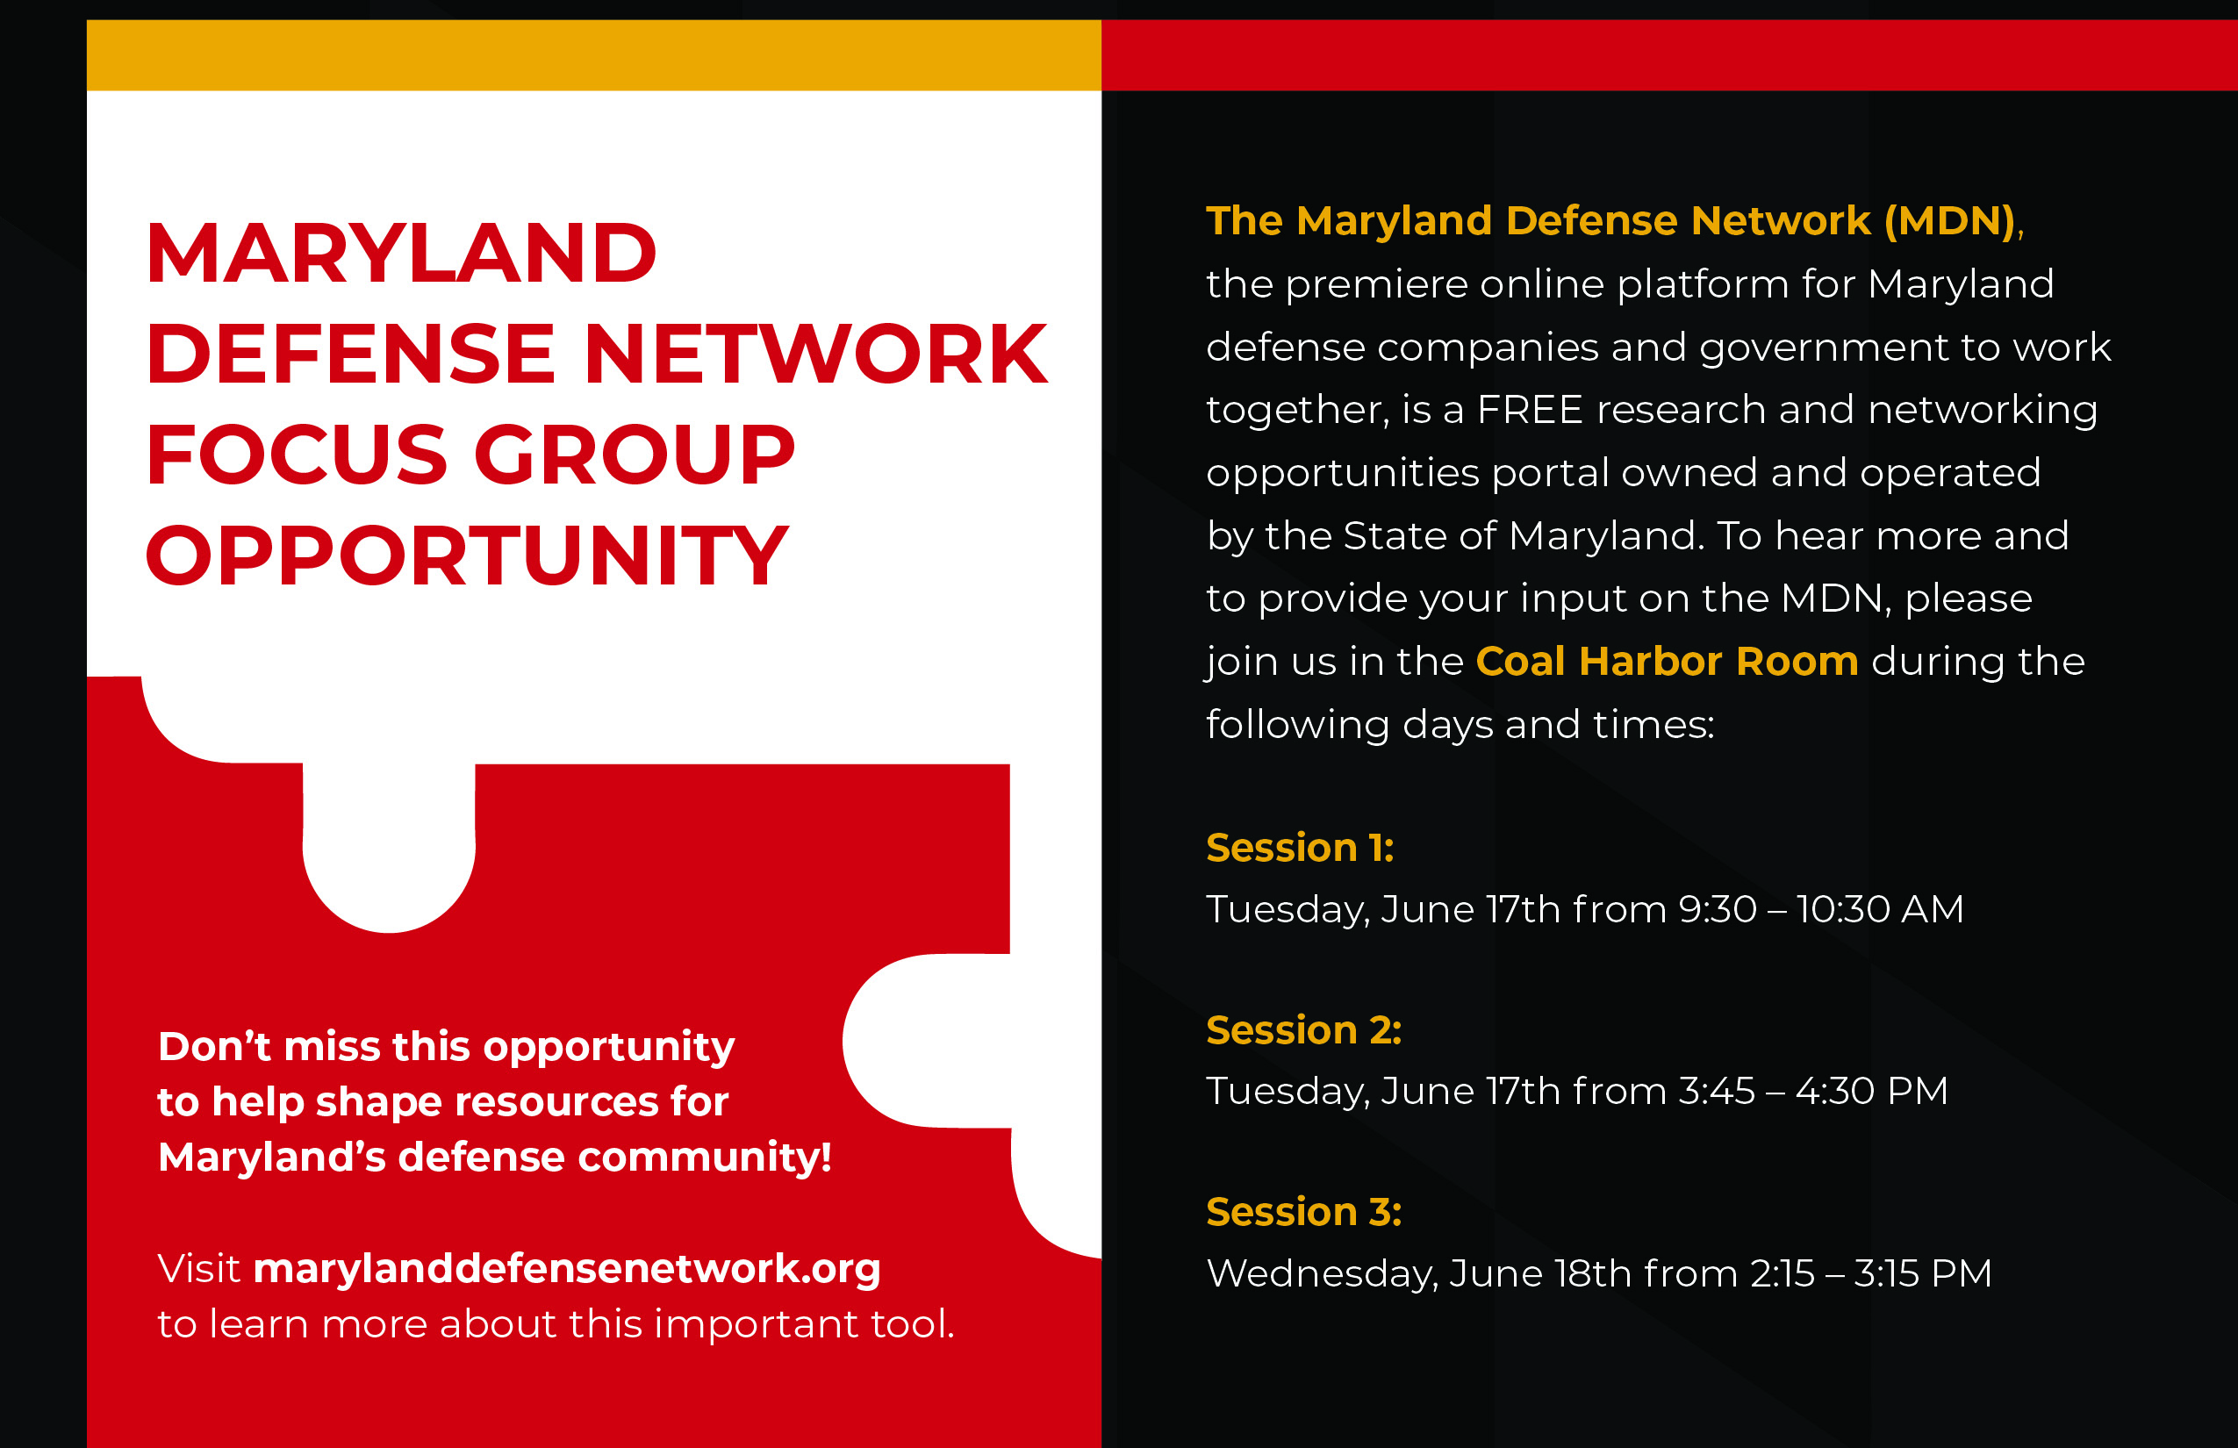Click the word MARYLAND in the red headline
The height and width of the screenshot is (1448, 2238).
click(402, 253)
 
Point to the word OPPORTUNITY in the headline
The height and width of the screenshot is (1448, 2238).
click(467, 555)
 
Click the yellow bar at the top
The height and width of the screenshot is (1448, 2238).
click(593, 55)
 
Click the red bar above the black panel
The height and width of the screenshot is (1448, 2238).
click(1669, 55)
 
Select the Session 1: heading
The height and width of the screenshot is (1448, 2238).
click(1300, 847)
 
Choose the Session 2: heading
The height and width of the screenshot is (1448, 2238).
click(1303, 1029)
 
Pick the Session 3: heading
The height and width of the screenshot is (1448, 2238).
click(1303, 1211)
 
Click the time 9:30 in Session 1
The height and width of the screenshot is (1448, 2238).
click(1717, 909)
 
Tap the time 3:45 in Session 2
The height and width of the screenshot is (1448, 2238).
click(1716, 1091)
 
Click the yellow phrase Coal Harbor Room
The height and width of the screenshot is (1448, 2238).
click(1667, 661)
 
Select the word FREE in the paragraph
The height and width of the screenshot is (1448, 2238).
click(1530, 410)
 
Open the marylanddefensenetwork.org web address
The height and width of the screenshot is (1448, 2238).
click(567, 1269)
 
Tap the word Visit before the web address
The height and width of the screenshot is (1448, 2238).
click(198, 1268)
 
